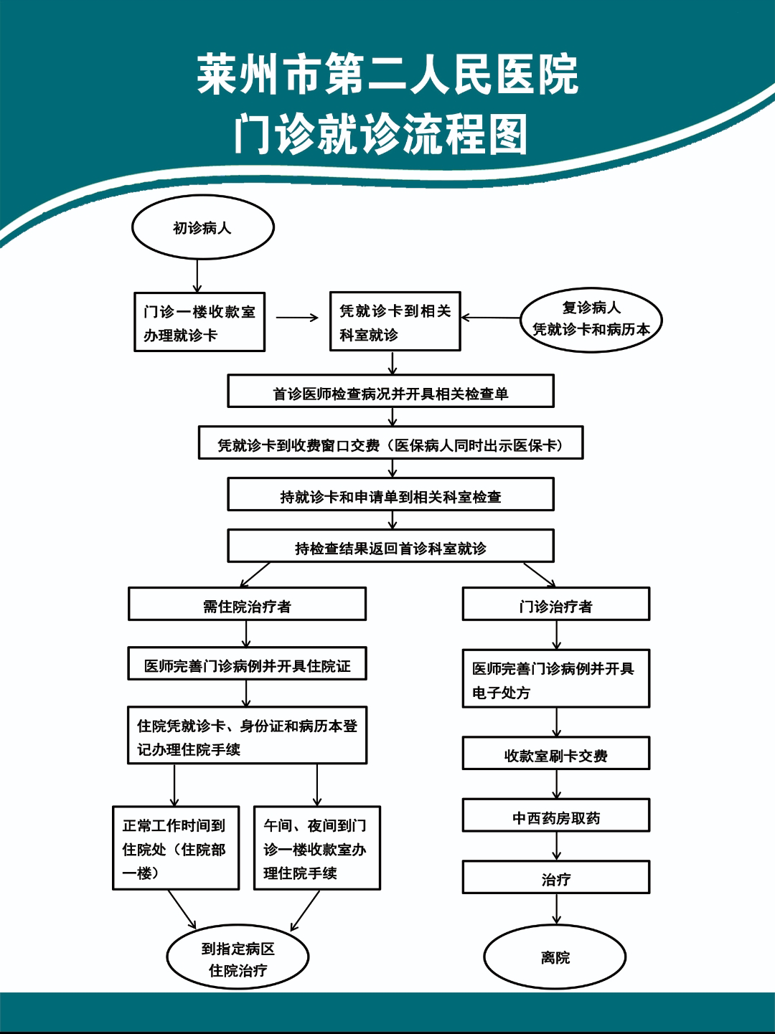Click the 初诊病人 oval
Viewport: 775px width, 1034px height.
pos(202,227)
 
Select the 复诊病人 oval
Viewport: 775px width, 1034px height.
pos(591,319)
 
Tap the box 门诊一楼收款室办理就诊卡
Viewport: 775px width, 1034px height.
pos(199,322)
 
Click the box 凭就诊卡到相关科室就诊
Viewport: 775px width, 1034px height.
pos(395,321)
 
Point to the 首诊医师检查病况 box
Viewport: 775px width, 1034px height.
pos(391,391)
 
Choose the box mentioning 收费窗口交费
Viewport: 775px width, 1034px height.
pos(391,443)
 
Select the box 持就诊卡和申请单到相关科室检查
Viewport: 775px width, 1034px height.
pos(391,495)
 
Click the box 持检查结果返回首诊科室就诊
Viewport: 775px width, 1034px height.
pos(391,546)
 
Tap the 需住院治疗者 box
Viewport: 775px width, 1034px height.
pos(247,604)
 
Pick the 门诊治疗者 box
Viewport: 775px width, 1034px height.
pos(556,604)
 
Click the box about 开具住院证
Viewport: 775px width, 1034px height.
pos(247,663)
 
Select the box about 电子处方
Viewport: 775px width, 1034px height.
pos(556,678)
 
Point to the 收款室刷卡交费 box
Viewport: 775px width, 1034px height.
pos(556,753)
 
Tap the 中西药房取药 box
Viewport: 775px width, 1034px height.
pos(556,815)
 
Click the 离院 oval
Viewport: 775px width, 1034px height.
pos(555,957)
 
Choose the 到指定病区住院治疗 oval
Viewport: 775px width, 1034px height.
pos(238,957)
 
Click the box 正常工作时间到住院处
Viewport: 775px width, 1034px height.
pos(176,848)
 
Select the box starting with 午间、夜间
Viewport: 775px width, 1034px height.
pos(317,848)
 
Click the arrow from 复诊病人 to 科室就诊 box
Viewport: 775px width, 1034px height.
pos(491,318)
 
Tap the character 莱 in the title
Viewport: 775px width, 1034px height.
pos(216,75)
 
